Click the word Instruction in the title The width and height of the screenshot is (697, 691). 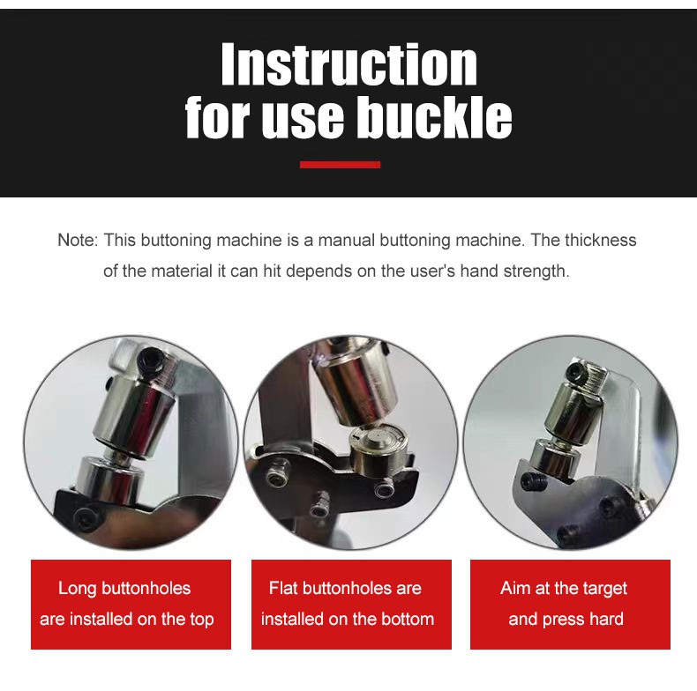tap(349, 64)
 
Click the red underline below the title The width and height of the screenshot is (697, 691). tap(340, 165)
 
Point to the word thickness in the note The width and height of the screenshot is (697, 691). tap(601, 241)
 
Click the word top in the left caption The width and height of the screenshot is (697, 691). tap(202, 620)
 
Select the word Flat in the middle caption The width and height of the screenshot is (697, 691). tap(284, 588)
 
